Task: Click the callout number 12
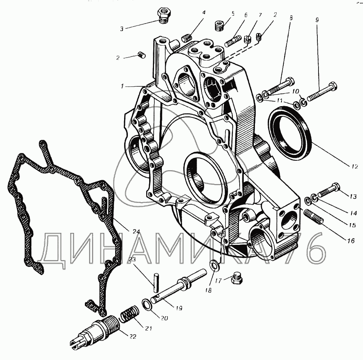(x=354, y=166)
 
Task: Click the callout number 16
(x=350, y=241)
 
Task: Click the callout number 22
(x=133, y=336)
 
